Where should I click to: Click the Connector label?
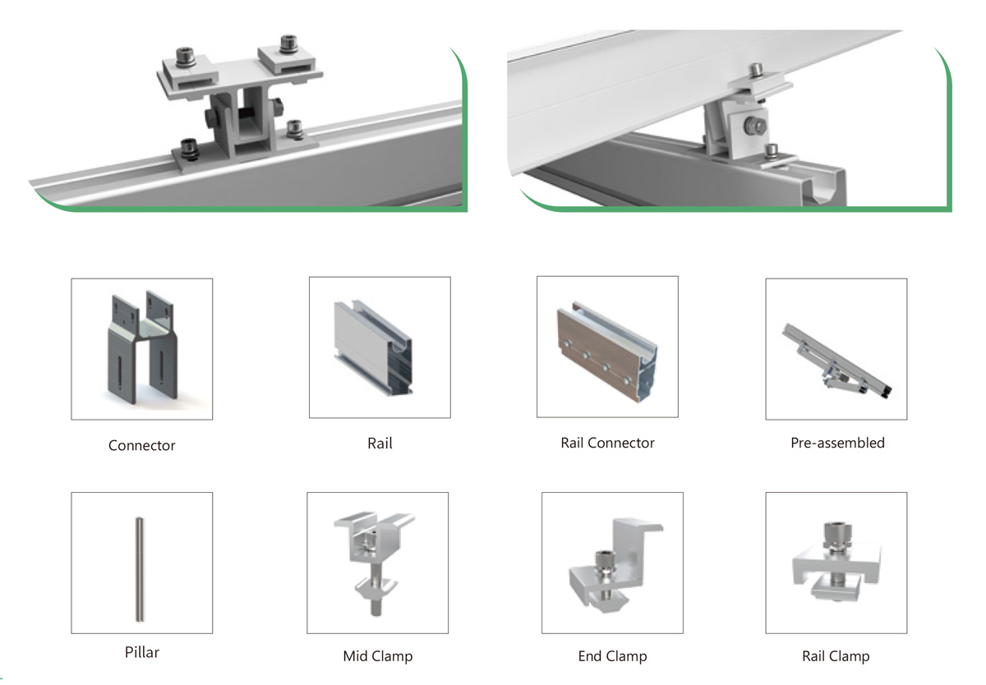[141, 445]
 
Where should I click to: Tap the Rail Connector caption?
[607, 443]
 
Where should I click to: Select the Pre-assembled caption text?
[837, 443]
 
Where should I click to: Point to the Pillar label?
[141, 652]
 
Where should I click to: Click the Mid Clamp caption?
[378, 656]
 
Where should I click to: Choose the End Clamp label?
[612, 656]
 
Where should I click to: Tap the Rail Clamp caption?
[836, 656]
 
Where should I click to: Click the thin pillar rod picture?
[140, 569]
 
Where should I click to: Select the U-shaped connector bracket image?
[141, 347]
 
